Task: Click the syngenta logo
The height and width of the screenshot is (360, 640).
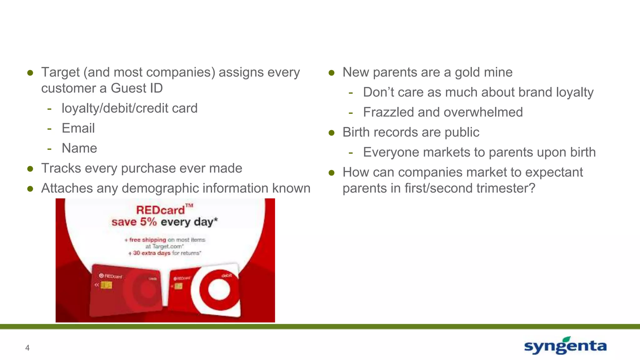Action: tap(565, 346)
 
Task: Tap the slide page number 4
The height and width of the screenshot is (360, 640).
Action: tap(27, 348)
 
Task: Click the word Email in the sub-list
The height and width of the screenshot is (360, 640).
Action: tap(78, 128)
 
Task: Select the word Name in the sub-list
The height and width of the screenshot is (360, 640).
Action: tap(79, 148)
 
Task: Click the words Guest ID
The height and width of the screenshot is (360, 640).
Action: tap(137, 88)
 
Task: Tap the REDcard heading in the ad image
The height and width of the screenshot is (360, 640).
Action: tap(161, 210)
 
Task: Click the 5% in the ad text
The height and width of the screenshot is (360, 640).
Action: tap(148, 222)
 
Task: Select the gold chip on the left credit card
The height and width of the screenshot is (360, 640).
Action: tap(106, 285)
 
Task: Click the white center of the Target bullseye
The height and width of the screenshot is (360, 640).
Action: tap(219, 289)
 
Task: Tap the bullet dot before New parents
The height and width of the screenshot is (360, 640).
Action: tap(332, 73)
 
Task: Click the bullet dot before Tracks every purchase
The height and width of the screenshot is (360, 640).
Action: tap(30, 169)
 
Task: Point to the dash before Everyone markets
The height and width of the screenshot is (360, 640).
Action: tap(351, 153)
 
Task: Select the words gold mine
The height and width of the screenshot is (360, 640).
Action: tap(483, 72)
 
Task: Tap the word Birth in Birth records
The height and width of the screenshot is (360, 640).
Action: tap(356, 132)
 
